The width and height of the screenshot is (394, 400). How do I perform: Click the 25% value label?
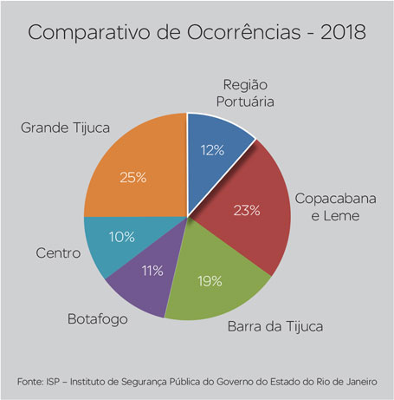pos(133,178)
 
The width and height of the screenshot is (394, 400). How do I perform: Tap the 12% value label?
pos(212,150)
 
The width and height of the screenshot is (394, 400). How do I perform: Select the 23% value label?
pos(247,210)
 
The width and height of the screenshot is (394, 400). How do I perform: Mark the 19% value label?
pos(210,281)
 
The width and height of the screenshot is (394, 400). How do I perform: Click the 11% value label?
pos(152,271)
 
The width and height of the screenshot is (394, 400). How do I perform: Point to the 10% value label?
pos(122,237)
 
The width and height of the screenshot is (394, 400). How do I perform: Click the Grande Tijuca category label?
pos(65,128)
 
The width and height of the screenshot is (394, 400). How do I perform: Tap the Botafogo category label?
pos(98,319)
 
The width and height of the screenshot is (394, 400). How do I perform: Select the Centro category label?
pos(58,253)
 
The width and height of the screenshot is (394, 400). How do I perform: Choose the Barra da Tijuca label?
pos(275,327)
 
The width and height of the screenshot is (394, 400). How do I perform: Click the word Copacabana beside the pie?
pos(335,199)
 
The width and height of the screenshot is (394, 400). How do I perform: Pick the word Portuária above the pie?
pos(245,102)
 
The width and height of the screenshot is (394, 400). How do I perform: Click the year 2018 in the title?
pos(344,32)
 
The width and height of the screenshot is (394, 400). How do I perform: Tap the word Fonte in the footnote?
pos(29,382)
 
